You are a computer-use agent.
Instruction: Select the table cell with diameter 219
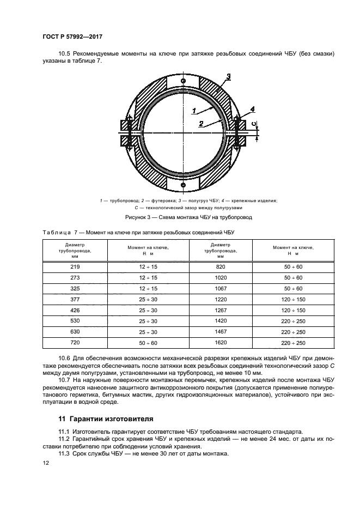75,267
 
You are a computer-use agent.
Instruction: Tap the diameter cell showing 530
75,321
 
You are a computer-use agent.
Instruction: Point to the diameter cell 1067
221,289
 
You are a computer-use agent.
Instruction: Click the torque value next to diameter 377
147,300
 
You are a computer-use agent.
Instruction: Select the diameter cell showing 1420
221,321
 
